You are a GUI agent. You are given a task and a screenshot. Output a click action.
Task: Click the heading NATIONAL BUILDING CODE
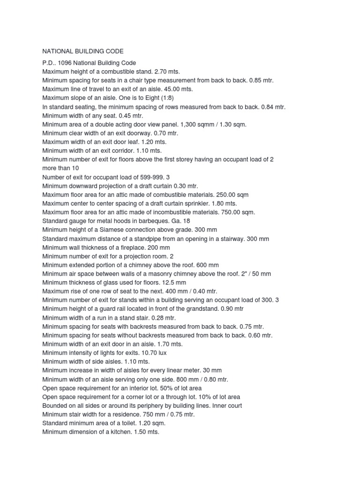(83, 51)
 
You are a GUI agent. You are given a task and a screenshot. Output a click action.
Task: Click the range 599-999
(150, 177)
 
